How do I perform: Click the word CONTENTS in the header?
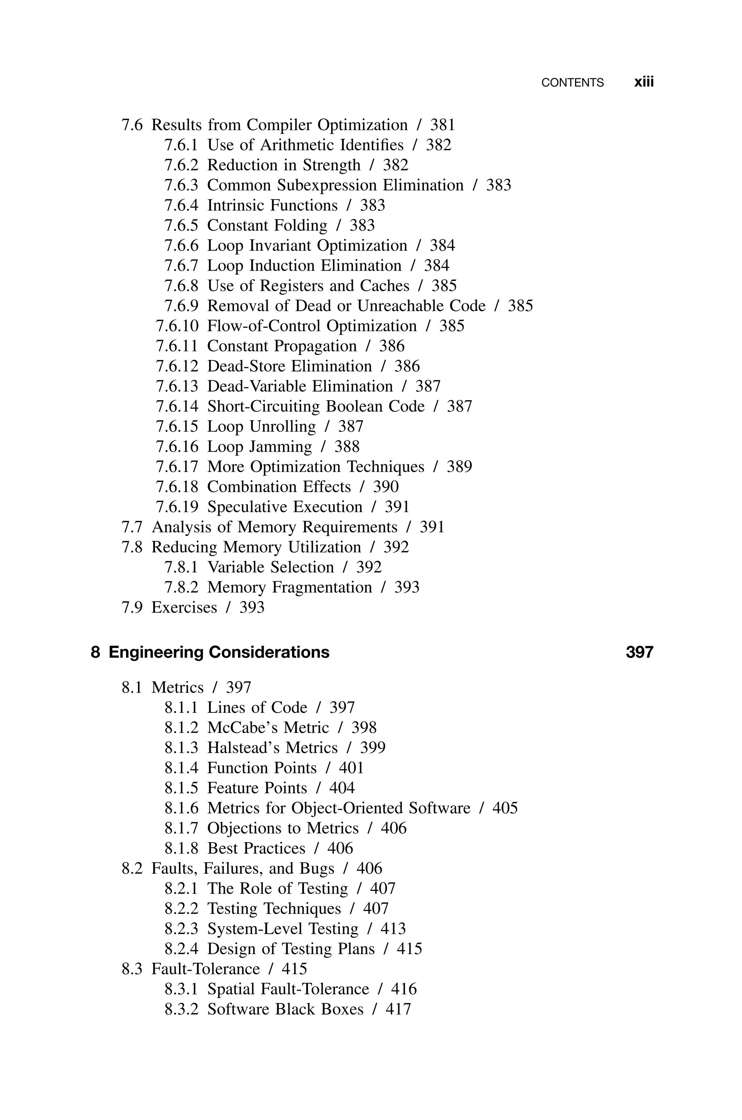point(572,83)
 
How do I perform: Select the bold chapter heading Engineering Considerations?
point(218,652)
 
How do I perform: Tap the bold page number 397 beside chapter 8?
point(639,652)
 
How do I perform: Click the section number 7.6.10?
point(177,326)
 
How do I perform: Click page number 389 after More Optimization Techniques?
point(459,467)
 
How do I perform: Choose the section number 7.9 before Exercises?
point(132,607)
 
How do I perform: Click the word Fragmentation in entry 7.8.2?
point(322,588)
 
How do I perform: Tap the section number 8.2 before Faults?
point(132,868)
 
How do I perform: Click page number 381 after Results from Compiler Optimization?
point(442,125)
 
